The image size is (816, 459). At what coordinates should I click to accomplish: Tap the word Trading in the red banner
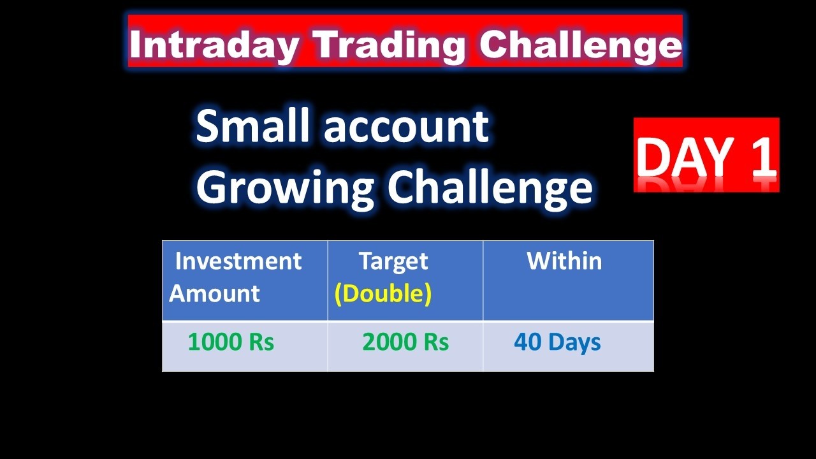tap(390, 45)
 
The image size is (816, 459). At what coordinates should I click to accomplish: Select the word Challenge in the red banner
tap(580, 45)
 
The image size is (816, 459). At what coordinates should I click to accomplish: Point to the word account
tap(406, 127)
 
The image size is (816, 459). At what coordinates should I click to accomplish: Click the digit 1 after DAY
tap(761, 157)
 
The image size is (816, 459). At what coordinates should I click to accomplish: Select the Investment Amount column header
tap(236, 277)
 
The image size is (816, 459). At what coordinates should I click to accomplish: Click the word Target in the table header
tap(393, 261)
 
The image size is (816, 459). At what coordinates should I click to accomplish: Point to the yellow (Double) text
tap(383, 293)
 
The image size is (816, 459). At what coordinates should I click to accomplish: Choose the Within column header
tap(564, 261)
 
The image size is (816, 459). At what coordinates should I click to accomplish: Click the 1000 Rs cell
tap(231, 342)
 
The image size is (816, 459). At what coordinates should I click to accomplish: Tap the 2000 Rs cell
tap(405, 342)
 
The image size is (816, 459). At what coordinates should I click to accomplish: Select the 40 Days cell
tap(557, 342)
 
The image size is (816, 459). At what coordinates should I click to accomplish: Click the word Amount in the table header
tap(214, 293)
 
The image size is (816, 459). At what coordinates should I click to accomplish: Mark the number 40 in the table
tap(528, 342)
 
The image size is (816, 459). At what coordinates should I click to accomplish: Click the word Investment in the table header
tap(238, 261)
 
